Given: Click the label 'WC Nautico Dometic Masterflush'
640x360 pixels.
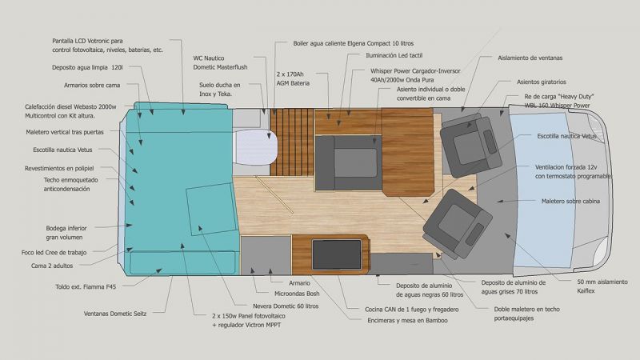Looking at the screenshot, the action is point(221,62).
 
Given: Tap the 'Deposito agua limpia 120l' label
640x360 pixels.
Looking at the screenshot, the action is point(87,67).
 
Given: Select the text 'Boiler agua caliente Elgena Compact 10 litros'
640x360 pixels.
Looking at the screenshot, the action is point(354,43).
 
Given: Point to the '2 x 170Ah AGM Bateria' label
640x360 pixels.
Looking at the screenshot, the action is point(293,78).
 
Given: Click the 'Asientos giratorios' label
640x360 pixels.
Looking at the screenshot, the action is point(542,82).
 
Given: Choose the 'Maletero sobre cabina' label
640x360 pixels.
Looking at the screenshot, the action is point(570,202).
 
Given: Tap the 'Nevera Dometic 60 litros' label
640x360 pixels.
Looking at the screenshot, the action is point(286,306).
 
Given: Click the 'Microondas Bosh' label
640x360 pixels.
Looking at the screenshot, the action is point(297,294).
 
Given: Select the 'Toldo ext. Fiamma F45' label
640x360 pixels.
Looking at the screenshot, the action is point(86,287).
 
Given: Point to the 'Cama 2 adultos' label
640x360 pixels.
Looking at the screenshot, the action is point(52,266).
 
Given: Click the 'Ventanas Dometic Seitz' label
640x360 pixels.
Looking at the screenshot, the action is point(115,314).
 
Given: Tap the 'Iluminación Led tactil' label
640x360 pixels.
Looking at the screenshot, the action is point(394,55).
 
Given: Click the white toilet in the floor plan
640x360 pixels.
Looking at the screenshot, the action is point(255,147).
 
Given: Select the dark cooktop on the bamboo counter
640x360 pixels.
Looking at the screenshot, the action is point(337,254).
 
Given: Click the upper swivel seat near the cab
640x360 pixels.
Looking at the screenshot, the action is point(471,145).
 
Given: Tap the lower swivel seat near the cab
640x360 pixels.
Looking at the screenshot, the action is point(458,224).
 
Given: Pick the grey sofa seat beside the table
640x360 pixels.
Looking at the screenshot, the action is point(349,163).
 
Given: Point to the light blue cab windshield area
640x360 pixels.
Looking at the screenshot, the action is point(542,190).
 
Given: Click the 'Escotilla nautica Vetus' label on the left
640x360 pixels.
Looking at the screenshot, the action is point(62,150).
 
